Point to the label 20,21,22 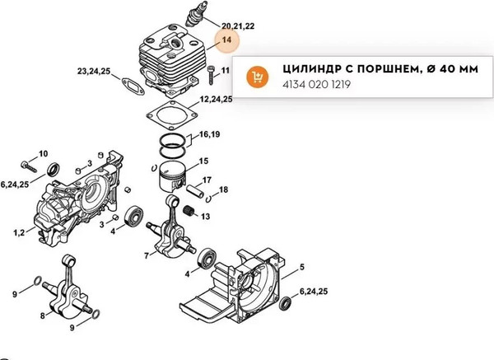point(238,26)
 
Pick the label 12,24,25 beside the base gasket point(216,99)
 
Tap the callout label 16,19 point(209,133)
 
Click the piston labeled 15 point(176,175)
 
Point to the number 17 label point(207,180)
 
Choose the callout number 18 point(223,190)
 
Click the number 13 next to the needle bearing point(205,217)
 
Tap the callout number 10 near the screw point(43,153)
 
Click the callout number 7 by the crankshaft point(147,255)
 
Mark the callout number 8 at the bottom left point(41,316)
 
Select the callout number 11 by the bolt point(225,72)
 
